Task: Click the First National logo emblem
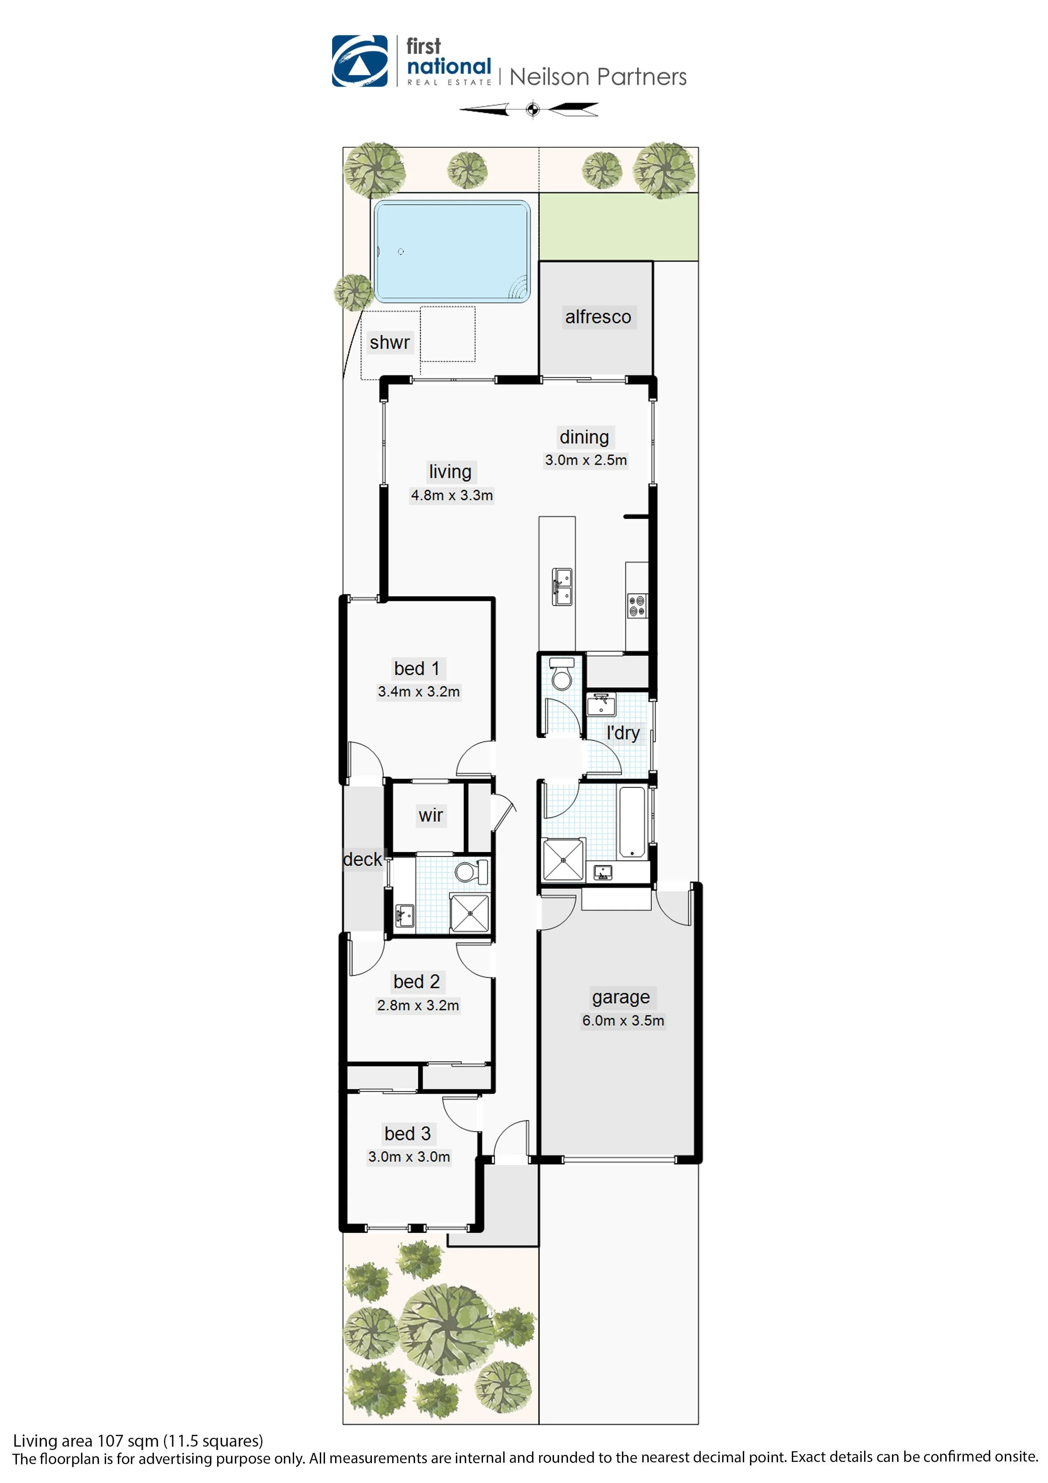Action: (x=359, y=61)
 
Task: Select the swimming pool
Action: (x=452, y=251)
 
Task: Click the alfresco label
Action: (x=598, y=317)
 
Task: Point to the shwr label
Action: (x=389, y=342)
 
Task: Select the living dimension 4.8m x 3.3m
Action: (x=451, y=495)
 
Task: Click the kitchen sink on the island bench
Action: (x=562, y=586)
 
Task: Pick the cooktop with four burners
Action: (x=637, y=606)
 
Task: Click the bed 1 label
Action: (x=417, y=668)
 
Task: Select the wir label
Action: (x=431, y=815)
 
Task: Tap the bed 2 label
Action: (x=417, y=982)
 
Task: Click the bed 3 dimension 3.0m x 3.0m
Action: (x=409, y=1157)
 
